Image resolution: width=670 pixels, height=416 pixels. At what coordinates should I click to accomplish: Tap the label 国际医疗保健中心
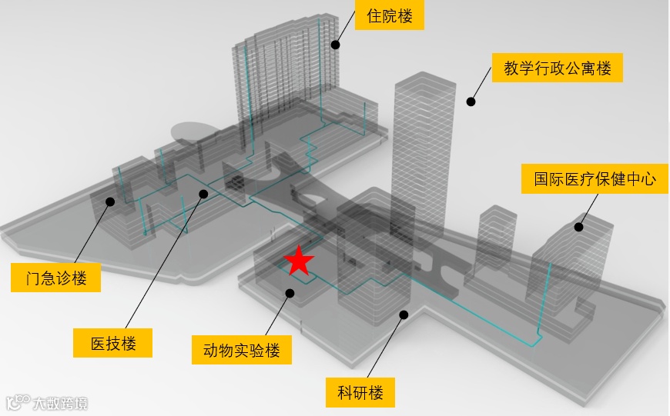[595, 179]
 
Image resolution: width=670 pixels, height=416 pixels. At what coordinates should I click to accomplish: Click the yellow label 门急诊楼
[55, 278]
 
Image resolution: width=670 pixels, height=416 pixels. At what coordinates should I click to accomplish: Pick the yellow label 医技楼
[113, 343]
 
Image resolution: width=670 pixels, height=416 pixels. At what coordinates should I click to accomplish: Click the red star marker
[299, 261]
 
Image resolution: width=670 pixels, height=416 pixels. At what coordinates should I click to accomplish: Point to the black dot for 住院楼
[336, 45]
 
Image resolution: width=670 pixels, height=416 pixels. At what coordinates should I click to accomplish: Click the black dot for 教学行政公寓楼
[471, 101]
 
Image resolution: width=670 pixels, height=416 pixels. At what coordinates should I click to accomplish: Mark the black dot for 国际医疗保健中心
[579, 227]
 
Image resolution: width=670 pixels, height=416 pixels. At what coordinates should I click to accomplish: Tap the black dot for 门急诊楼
[110, 201]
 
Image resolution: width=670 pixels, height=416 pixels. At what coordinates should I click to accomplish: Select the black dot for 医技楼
[203, 193]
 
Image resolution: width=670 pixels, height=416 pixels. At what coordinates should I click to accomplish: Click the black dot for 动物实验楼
[290, 292]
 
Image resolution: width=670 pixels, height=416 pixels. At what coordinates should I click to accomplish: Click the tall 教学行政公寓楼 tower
[420, 154]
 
